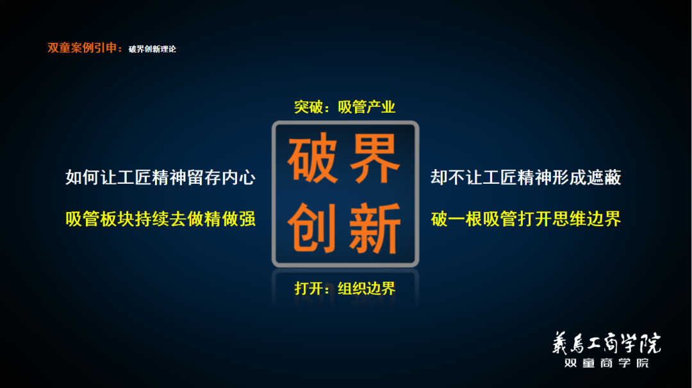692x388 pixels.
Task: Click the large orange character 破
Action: [x=312, y=159]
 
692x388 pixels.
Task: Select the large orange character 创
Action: [x=312, y=227]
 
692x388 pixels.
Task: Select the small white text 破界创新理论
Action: [x=152, y=49]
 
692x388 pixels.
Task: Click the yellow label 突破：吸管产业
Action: [x=345, y=107]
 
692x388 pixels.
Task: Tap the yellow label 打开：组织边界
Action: [x=345, y=288]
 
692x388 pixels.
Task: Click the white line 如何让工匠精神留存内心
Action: [x=160, y=177]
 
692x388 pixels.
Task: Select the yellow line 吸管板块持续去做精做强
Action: [x=160, y=219]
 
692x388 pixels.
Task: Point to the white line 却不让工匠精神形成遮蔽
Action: [x=525, y=177]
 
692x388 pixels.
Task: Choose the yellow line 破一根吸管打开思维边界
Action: [x=525, y=219]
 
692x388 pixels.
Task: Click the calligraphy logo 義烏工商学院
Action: [x=605, y=344]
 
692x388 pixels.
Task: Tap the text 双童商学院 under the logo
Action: [x=605, y=363]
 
